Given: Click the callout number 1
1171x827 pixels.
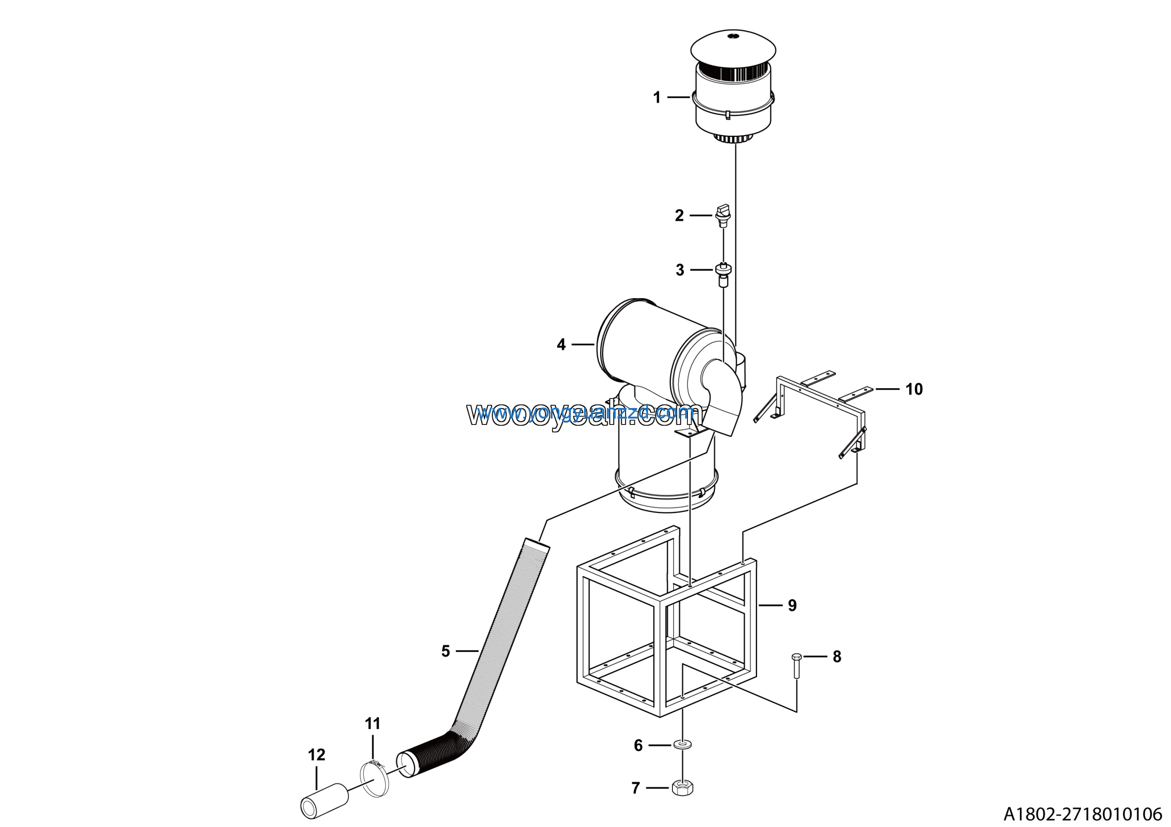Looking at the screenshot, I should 657,97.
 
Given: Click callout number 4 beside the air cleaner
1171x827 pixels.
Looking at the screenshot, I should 561,345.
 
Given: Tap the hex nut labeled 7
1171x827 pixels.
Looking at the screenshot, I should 682,788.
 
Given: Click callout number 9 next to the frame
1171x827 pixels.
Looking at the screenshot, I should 792,605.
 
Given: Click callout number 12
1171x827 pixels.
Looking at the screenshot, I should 316,755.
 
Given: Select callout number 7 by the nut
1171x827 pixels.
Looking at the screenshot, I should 635,788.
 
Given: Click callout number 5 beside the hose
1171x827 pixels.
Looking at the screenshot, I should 446,651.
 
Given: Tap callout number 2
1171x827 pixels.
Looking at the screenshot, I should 679,216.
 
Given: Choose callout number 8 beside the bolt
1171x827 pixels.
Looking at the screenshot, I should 837,657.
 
